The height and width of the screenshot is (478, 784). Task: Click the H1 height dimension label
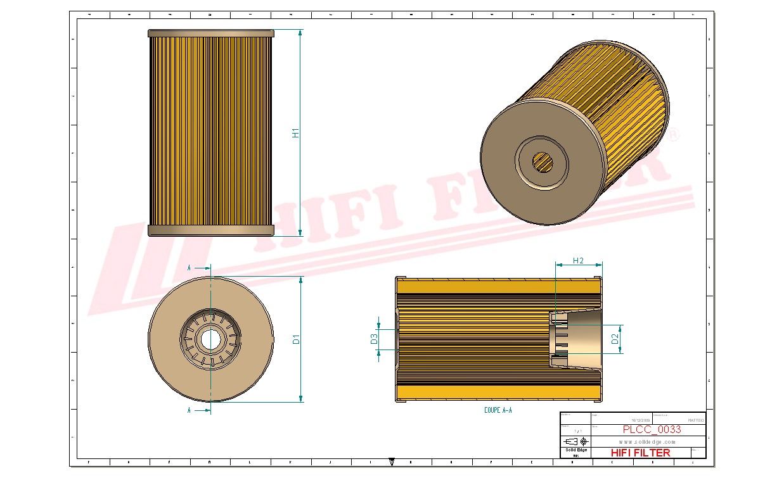tap(295, 133)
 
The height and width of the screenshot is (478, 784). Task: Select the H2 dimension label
tap(578, 261)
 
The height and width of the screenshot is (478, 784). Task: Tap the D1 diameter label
tap(296, 339)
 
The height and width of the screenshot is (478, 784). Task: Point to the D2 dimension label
tap(615, 339)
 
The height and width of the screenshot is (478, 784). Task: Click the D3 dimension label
tap(374, 339)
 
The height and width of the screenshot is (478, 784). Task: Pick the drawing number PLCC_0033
tap(643, 430)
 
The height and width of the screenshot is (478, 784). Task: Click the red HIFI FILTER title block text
tap(640, 453)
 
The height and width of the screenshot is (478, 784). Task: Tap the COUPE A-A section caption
tap(498, 410)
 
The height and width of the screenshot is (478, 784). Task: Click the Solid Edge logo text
tap(576, 450)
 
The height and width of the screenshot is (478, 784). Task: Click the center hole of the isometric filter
tap(542, 162)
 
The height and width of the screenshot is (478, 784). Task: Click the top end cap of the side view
tap(211, 33)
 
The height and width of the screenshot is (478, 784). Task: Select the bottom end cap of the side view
tap(211, 230)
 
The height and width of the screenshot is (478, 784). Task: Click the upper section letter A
tap(189, 268)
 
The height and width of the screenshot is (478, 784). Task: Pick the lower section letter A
tap(189, 410)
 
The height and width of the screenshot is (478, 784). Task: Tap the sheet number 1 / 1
tap(576, 431)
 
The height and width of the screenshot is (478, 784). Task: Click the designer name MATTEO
tap(695, 420)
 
